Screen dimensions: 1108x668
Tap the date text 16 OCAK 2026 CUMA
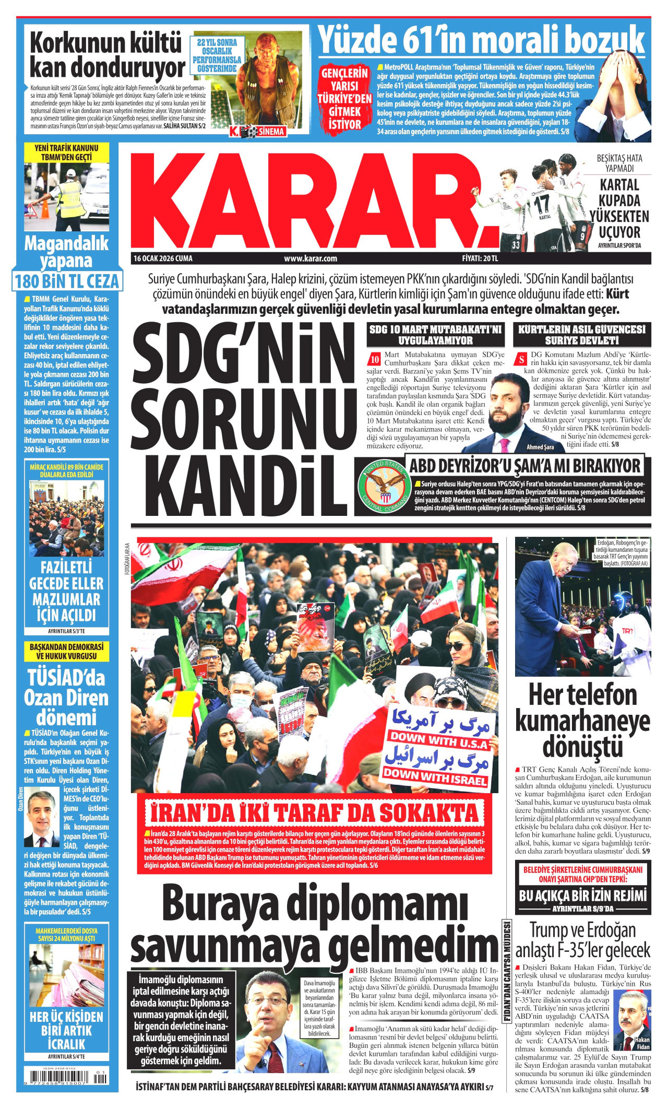pos(163,258)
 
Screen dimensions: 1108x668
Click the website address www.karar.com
pos(310,258)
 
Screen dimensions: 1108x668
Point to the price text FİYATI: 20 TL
pos(480,258)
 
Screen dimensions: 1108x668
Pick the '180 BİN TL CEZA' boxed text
pos(67,281)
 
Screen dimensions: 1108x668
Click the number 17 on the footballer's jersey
pos(541,203)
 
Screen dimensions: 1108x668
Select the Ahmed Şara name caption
pos(540,447)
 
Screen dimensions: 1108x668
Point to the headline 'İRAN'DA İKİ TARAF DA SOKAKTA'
pos(314,814)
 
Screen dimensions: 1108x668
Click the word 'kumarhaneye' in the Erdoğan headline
pos(582,721)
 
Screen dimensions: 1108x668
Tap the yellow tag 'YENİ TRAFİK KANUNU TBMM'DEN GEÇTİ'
pos(66,153)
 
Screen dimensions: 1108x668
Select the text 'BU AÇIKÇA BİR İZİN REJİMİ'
pos(582,895)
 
